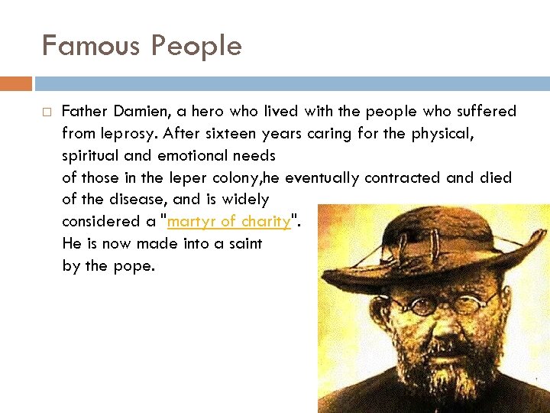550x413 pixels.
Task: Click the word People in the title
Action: (x=196, y=46)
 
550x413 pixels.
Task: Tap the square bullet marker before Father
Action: (x=46, y=112)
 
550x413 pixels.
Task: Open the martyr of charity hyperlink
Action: (x=228, y=222)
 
